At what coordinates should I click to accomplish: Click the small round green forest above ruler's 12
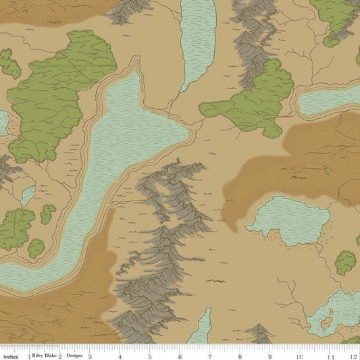[347, 261]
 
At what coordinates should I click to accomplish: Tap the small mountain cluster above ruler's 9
[259, 332]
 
